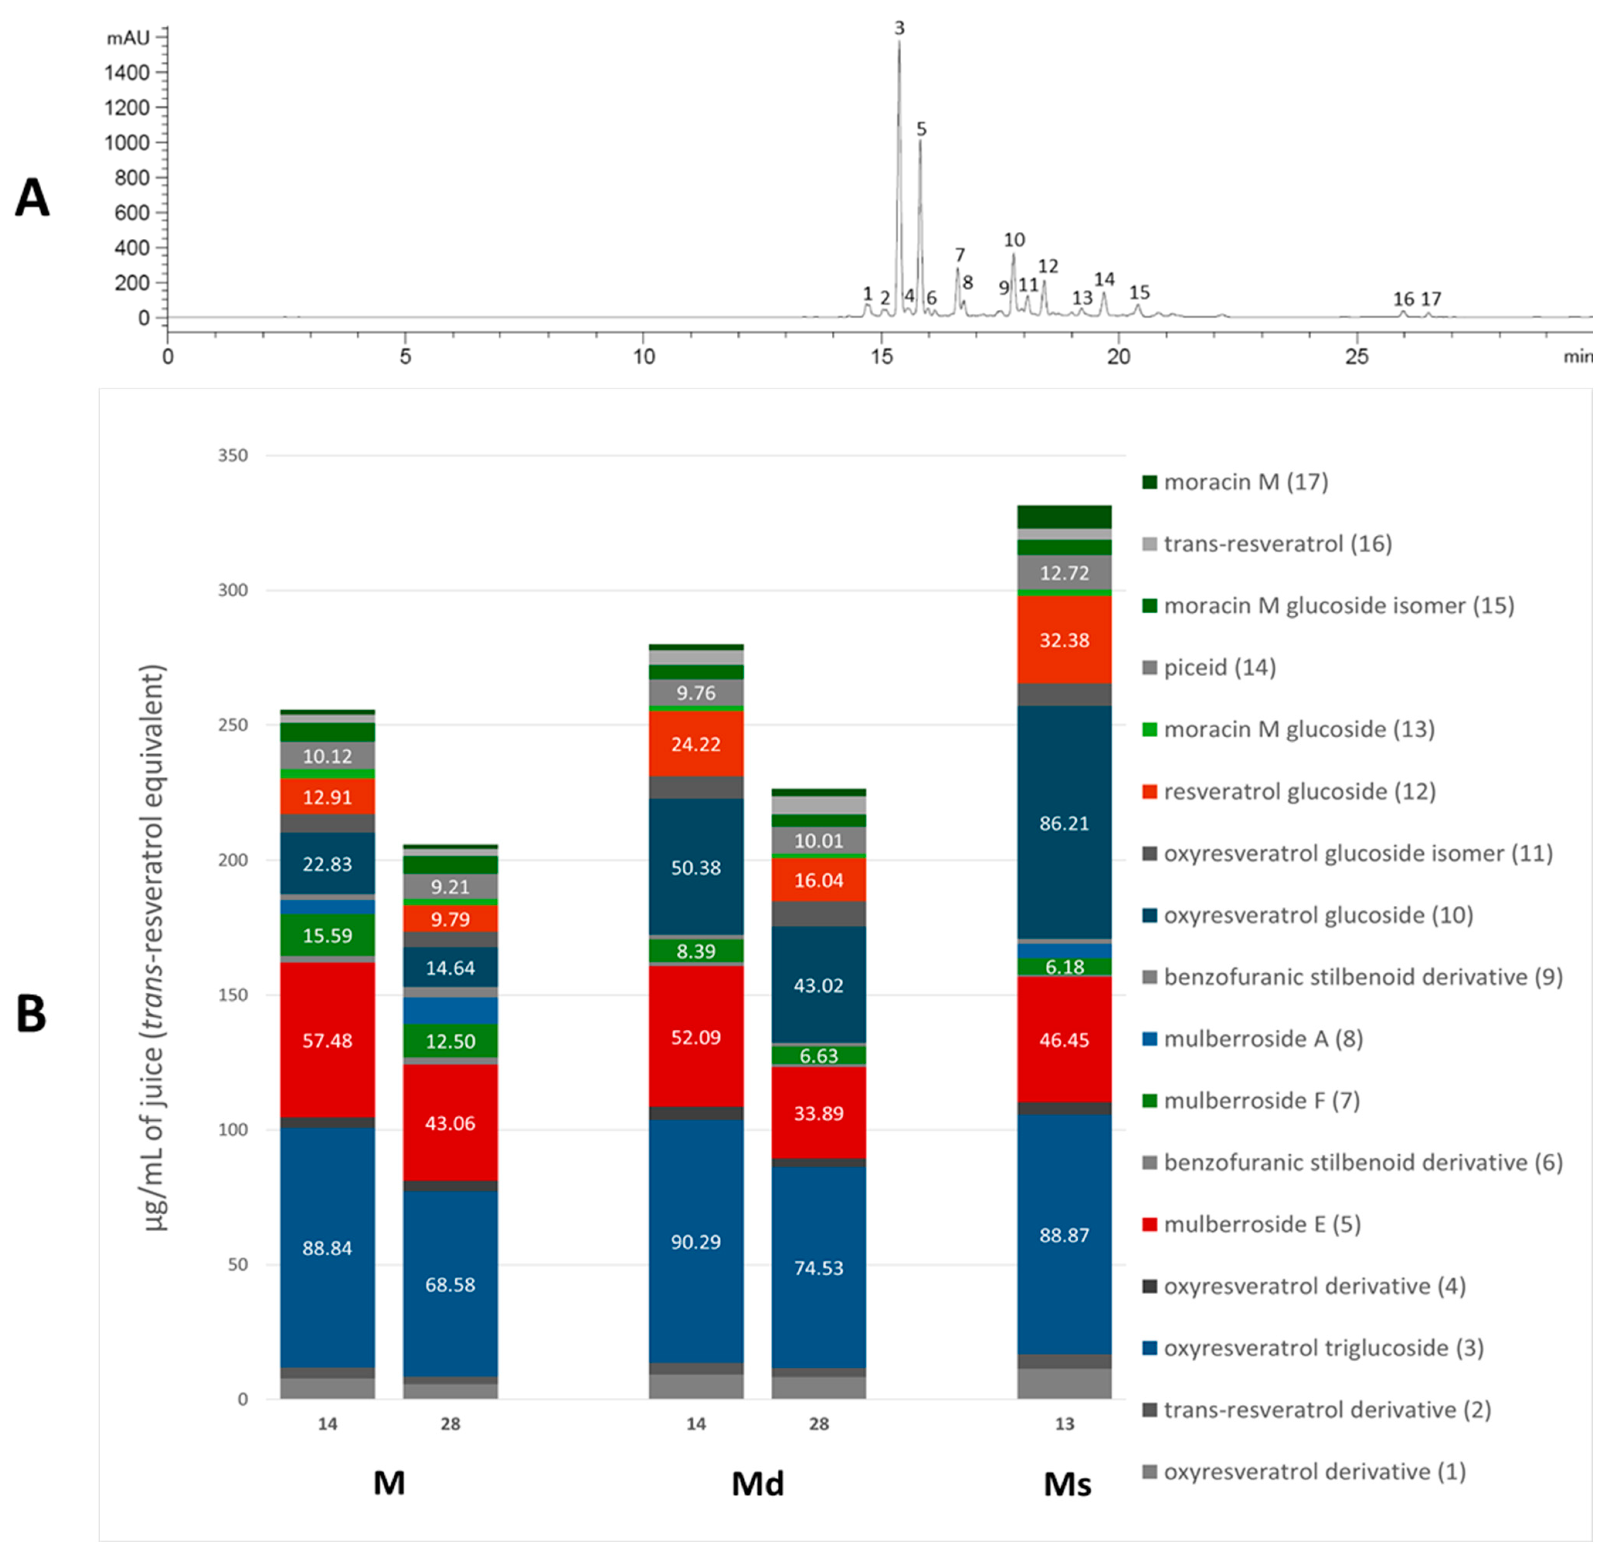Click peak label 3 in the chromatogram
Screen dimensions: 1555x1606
point(899,29)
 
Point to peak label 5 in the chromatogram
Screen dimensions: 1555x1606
point(921,129)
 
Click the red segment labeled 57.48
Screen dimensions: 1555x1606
point(327,1041)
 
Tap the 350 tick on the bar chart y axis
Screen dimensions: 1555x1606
point(233,455)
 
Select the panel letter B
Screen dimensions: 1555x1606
point(31,1014)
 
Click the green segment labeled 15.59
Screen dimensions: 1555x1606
point(327,935)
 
